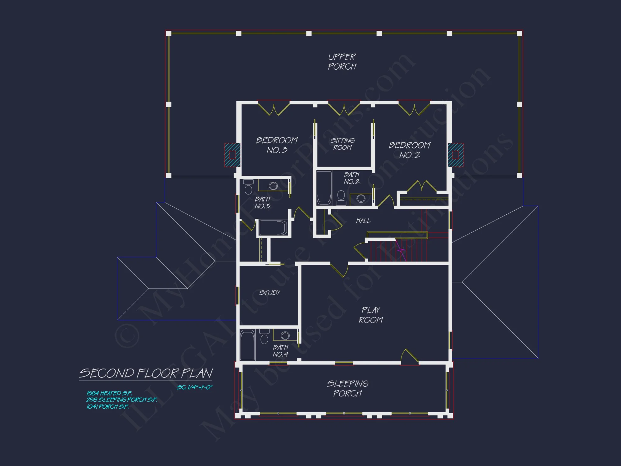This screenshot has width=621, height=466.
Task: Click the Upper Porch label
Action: click(342, 62)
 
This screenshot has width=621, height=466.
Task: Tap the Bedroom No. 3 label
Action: click(277, 145)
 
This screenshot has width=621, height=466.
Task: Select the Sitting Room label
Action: click(342, 144)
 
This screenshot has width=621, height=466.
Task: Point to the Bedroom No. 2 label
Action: click(410, 150)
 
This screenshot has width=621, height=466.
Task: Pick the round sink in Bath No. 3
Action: click(273, 186)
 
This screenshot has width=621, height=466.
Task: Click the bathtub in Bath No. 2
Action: click(324, 187)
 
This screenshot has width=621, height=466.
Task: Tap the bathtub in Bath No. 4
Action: click(247, 345)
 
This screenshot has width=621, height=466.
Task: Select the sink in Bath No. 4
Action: click(285, 336)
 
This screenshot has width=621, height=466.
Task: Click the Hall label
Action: click(363, 221)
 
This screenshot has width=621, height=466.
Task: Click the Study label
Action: click(270, 293)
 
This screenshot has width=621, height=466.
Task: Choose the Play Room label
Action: click(370, 315)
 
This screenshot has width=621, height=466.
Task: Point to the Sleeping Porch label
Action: click(347, 388)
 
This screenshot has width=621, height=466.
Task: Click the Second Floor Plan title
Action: click(146, 373)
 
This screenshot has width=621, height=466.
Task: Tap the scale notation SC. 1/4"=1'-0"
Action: click(195, 387)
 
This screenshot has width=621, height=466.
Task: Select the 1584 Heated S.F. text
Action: click(109, 393)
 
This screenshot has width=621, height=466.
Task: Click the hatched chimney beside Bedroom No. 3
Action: click(232, 155)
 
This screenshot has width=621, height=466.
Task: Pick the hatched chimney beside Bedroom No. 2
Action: click(456, 155)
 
